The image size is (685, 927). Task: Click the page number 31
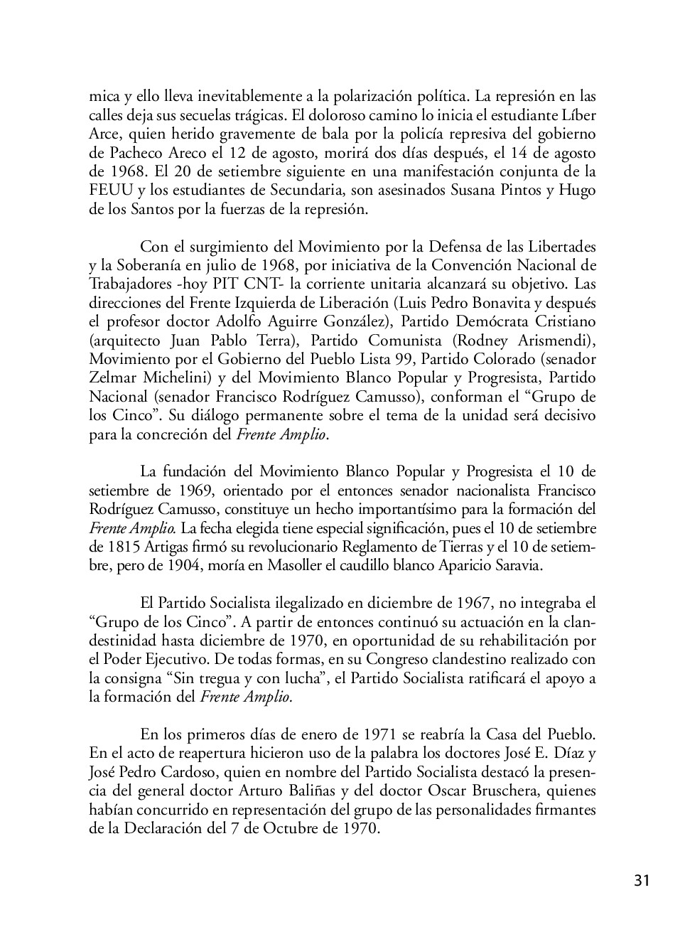click(642, 881)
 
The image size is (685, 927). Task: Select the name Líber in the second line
click(579, 115)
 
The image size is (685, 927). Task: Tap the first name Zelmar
click(111, 377)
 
